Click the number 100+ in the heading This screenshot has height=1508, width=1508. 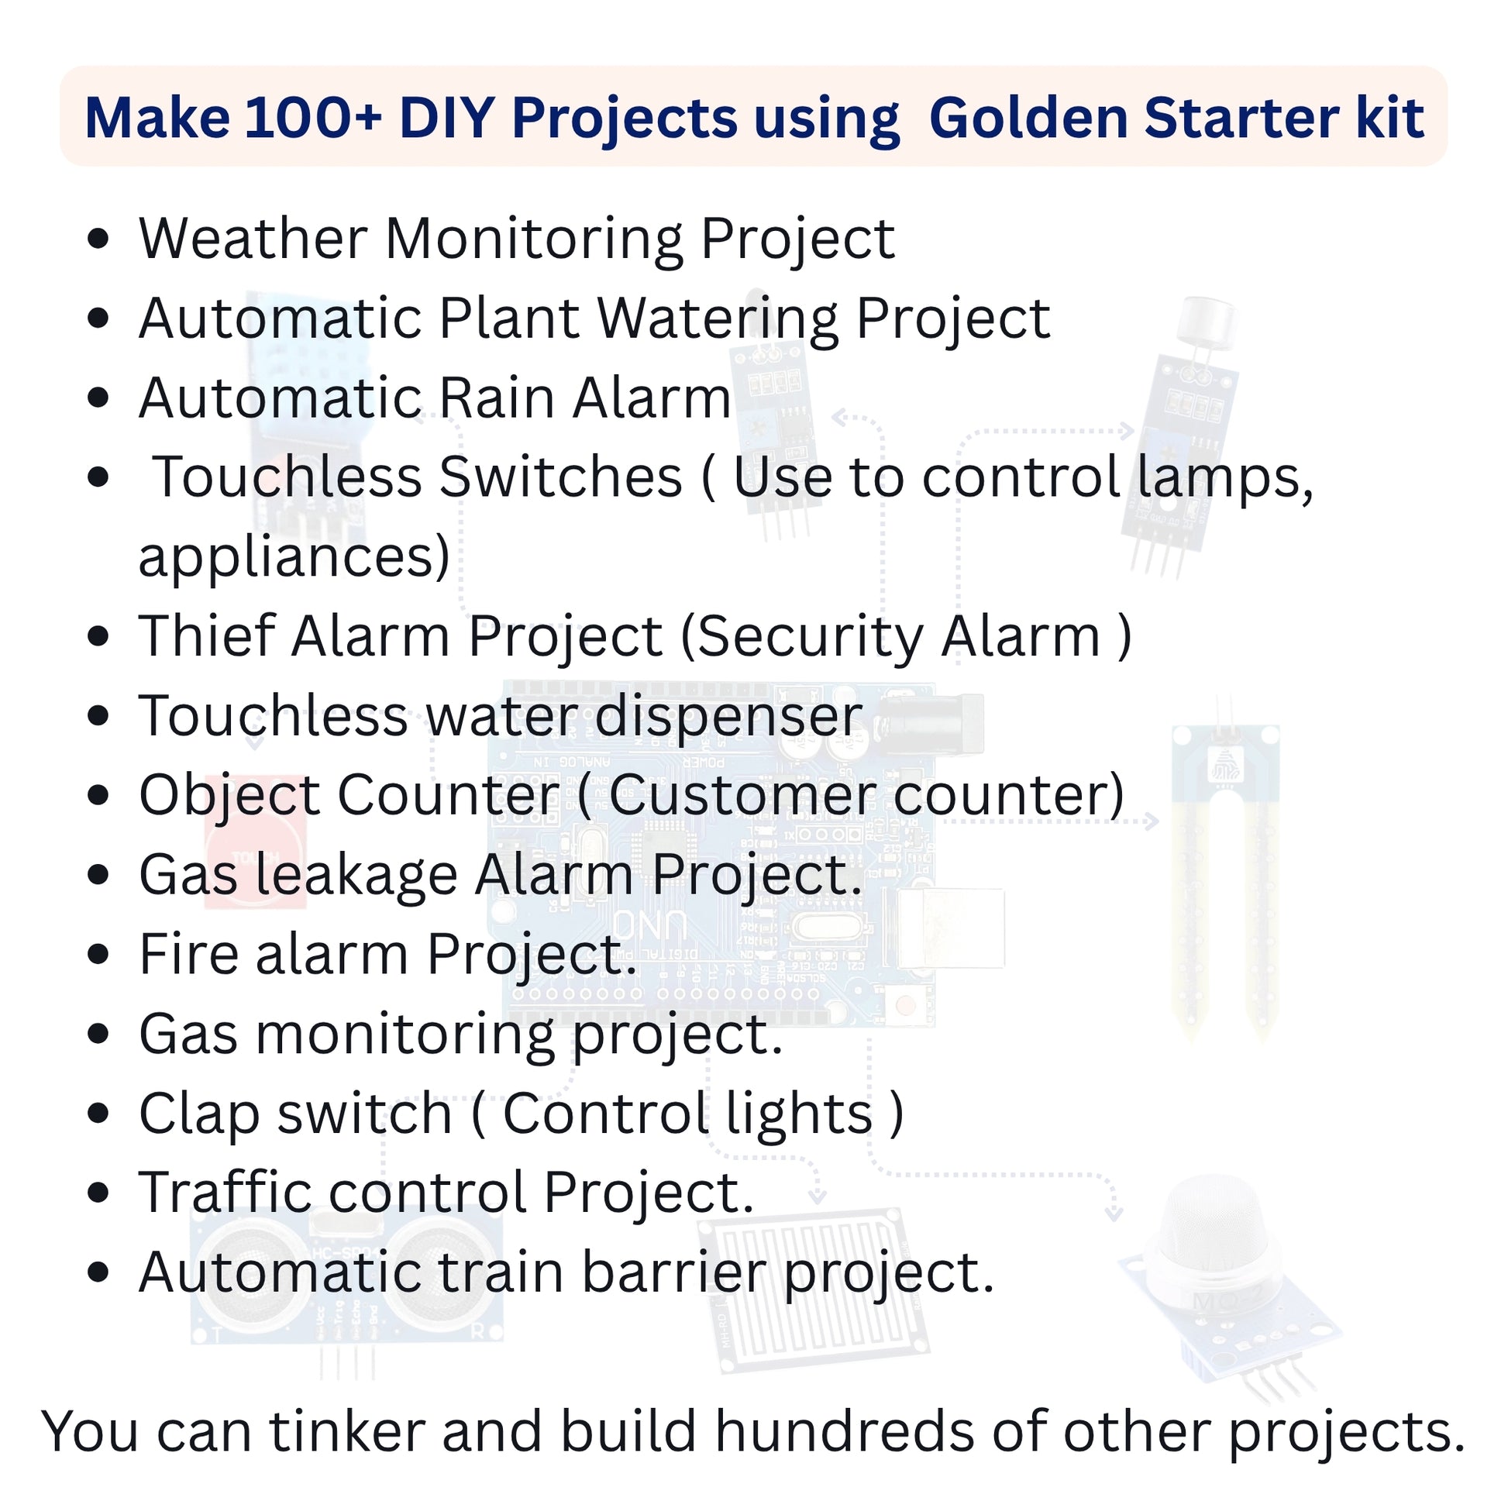click(x=312, y=118)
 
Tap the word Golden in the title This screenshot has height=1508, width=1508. click(x=1028, y=118)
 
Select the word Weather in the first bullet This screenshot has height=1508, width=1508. click(x=252, y=238)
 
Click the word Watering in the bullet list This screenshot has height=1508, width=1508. click(x=718, y=320)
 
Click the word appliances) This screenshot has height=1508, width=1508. click(x=294, y=556)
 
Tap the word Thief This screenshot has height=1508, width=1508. click(x=207, y=636)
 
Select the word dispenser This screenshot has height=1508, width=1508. click(x=728, y=717)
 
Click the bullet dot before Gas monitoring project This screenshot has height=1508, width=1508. click(x=98, y=1035)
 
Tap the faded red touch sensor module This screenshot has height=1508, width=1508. click(x=254, y=843)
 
